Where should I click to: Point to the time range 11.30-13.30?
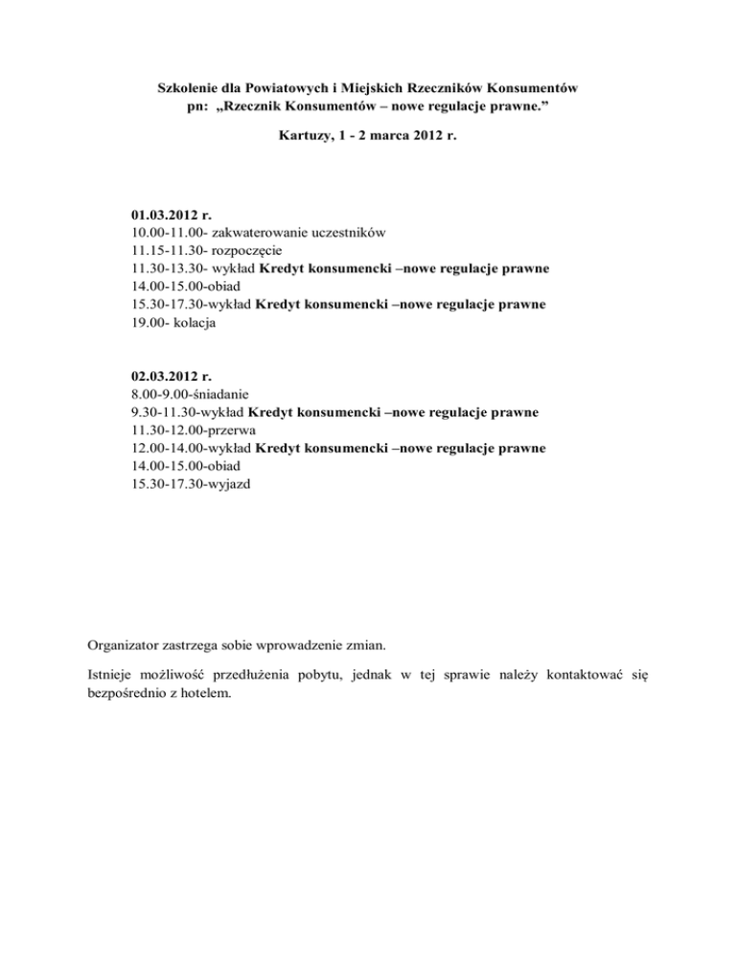click(167, 268)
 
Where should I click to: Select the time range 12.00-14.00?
click(167, 448)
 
